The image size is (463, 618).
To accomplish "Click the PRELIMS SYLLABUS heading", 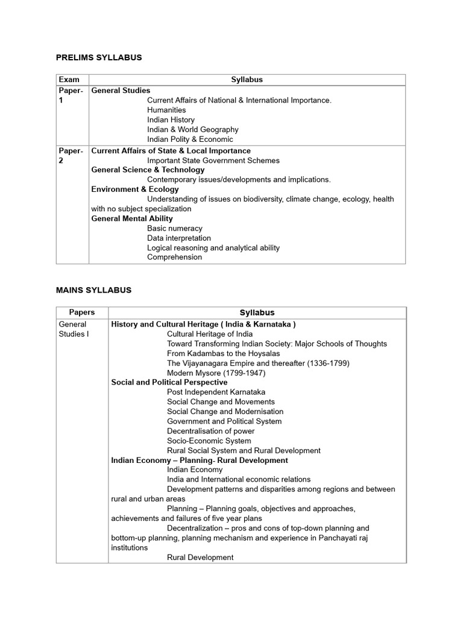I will point(99,57).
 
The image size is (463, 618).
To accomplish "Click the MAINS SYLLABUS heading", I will point(93,290).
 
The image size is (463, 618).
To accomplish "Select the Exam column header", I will point(69,80).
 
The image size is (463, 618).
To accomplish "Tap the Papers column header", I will point(82,313).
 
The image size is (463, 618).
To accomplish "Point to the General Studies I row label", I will point(74,329).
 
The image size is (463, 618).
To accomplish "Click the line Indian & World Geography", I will point(192,129).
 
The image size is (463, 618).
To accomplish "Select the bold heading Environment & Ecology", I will point(135,190).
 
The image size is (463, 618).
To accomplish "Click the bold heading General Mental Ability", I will point(132,218).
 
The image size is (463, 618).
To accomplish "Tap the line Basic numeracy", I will point(175,228).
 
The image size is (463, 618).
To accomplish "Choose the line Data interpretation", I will point(179,238).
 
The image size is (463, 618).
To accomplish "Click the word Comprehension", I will point(175,257).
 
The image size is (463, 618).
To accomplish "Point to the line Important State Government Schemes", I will point(213,161).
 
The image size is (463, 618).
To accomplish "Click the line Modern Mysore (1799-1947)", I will point(216,373).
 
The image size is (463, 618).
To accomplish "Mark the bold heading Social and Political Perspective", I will point(169,383).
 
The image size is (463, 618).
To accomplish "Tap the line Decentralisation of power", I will point(211,431).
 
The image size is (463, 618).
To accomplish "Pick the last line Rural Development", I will point(200,558).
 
